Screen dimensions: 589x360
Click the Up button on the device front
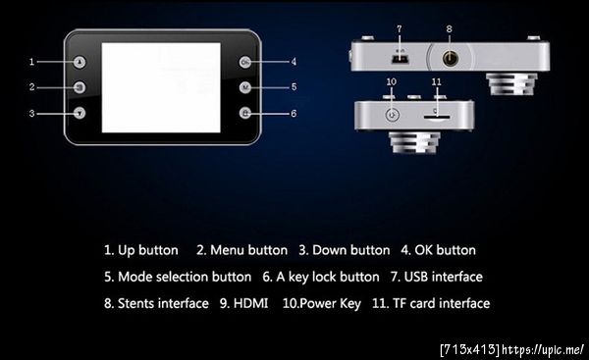click(x=80, y=62)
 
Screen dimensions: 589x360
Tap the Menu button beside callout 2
click(x=80, y=87)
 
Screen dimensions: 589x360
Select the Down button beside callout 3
click(x=80, y=113)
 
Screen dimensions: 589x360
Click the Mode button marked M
click(x=245, y=87)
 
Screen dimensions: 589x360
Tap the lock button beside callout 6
click(x=245, y=113)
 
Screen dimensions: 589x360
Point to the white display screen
click(x=161, y=87)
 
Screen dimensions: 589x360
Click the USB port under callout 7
click(x=400, y=59)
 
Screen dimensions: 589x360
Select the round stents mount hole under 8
click(x=450, y=59)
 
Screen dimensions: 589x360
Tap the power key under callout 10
click(x=392, y=115)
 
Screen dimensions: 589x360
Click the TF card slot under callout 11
click(x=437, y=117)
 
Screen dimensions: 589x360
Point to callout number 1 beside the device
click(x=32, y=62)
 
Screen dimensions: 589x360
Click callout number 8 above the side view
click(x=450, y=28)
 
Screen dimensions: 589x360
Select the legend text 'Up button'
click(x=148, y=250)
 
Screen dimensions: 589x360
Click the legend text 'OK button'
click(x=445, y=250)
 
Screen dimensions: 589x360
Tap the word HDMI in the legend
click(x=250, y=303)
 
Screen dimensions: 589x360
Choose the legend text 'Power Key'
click(x=331, y=304)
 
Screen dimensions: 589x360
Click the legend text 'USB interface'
click(x=444, y=277)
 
